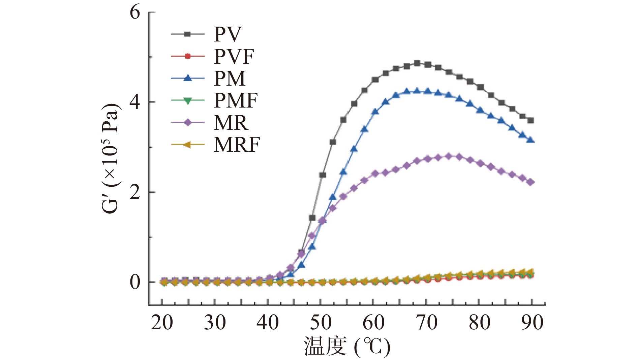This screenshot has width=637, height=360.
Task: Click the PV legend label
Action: tap(228, 34)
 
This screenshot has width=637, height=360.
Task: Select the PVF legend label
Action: tap(234, 56)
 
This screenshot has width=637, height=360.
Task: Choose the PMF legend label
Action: tap(236, 100)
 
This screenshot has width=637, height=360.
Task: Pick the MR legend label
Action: tap(231, 123)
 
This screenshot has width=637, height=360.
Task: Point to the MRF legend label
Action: tap(237, 145)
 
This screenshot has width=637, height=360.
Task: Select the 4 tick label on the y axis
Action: tap(135, 102)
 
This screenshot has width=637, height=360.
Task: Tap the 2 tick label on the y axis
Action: tap(135, 192)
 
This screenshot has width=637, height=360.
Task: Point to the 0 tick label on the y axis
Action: tap(135, 282)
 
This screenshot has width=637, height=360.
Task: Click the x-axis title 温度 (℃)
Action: tap(347, 347)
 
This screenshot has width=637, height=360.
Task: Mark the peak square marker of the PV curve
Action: tap(417, 63)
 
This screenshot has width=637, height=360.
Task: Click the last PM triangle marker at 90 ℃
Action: tap(531, 140)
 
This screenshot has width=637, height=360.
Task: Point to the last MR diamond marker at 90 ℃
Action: tap(531, 182)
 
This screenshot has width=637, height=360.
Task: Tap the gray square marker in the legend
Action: tap(188, 34)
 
